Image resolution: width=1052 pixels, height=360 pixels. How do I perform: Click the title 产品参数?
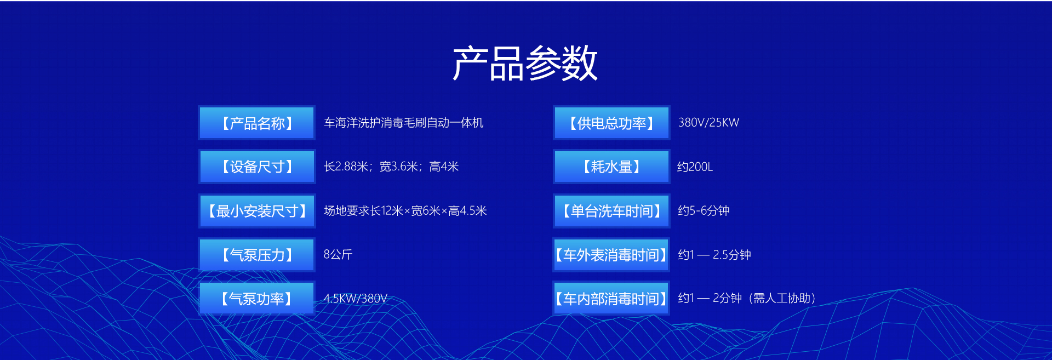[x=525, y=63]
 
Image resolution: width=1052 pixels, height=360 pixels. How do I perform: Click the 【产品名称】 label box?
[x=257, y=123]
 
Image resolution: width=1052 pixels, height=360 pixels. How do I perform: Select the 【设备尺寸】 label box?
[x=257, y=167]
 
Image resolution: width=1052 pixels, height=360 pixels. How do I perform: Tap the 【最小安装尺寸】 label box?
[x=257, y=210]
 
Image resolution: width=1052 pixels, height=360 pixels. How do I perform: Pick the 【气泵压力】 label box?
[x=257, y=254]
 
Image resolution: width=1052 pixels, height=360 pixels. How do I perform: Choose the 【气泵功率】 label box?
[x=257, y=298]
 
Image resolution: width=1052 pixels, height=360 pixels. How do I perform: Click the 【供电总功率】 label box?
[x=611, y=123]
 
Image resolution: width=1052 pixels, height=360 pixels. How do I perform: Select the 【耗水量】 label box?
[x=611, y=167]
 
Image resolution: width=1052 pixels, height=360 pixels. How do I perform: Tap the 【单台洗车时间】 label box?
[x=611, y=210]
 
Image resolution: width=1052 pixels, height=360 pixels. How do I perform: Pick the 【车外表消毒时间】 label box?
[x=611, y=254]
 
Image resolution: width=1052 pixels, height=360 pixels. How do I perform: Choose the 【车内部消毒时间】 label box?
[x=611, y=298]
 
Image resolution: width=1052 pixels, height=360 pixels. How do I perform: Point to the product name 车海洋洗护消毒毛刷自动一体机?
[x=404, y=123]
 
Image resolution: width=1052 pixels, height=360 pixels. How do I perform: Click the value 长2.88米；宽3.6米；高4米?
[x=391, y=167]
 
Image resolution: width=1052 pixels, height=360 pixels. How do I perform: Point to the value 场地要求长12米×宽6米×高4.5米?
[x=405, y=210]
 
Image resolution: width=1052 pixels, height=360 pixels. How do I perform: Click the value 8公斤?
[x=338, y=254]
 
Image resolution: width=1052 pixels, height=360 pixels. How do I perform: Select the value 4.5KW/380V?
[x=356, y=299]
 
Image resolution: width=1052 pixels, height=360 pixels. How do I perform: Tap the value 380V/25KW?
[x=709, y=123]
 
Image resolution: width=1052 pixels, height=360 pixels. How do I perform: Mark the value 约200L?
[x=695, y=167]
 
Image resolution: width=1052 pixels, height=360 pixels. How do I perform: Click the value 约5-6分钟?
[x=704, y=210]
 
